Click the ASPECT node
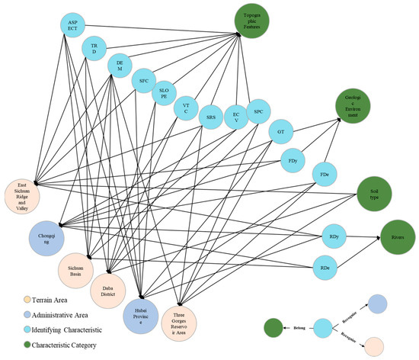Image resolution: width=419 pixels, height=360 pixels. tap(73, 27)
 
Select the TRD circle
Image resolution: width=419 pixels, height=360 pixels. tap(94, 49)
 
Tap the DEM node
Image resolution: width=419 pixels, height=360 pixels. tap(120, 67)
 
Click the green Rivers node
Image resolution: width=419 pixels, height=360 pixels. tap(396, 236)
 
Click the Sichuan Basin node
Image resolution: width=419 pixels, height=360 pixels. tap(77, 271)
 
